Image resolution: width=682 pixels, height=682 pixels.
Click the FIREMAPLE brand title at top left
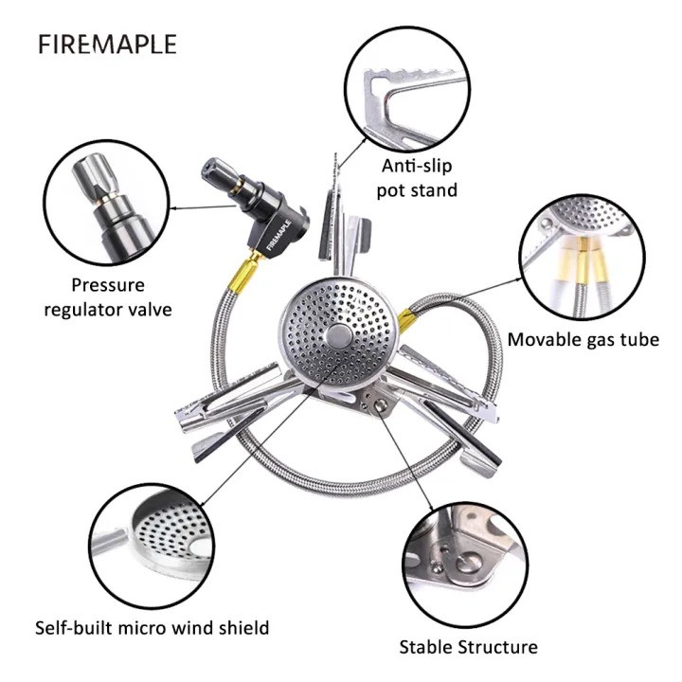coord(107,45)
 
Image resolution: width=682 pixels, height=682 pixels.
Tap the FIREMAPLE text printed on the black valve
coord(278,235)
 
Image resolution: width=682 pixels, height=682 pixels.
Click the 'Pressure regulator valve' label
coord(108,297)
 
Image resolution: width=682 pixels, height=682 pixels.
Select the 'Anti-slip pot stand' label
coord(417,178)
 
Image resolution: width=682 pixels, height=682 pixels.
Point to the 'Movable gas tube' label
coord(583,340)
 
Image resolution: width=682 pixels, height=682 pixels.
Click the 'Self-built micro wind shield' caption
coord(153,628)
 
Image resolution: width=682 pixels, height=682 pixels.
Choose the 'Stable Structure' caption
coord(469,647)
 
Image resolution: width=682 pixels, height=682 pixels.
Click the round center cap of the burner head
coord(339,336)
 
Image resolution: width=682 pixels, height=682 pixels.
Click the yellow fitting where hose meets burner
coord(407,320)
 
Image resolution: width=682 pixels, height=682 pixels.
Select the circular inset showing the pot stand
coord(407,89)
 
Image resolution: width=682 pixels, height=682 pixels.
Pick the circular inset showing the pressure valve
coord(106,203)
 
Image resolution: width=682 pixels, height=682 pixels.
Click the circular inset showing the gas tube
coord(583,257)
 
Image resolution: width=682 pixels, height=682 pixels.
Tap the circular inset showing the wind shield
coord(152,546)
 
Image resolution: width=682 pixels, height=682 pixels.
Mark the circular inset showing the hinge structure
coord(464,565)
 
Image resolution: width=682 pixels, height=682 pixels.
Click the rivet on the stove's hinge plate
coord(381,405)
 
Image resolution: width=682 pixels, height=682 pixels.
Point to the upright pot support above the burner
coord(335,218)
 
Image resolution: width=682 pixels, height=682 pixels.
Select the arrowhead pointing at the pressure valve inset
coord(172,208)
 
